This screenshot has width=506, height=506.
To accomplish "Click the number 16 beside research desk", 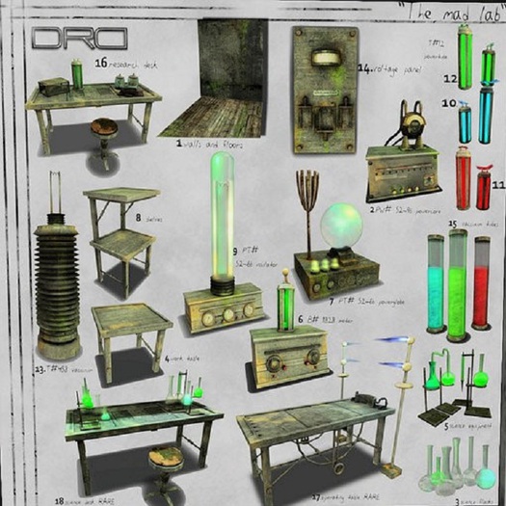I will pyautogui.click(x=100, y=65).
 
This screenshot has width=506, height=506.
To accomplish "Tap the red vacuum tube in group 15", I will pyautogui.click(x=481, y=280).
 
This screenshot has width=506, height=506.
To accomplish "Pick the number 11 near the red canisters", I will pyautogui.click(x=498, y=183).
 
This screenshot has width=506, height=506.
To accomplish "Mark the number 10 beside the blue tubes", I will pyautogui.click(x=448, y=102).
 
